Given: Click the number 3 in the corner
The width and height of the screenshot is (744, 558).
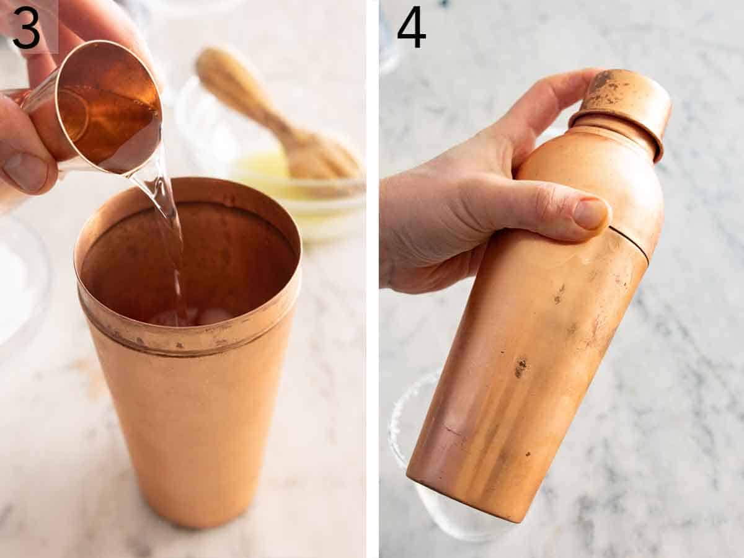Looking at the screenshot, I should click(26, 28).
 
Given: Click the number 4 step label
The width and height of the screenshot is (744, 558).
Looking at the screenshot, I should click(411, 28).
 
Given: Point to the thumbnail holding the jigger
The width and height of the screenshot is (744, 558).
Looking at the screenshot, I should click(25, 171).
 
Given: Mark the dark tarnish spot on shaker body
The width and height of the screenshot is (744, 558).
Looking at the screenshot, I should click(520, 366).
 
